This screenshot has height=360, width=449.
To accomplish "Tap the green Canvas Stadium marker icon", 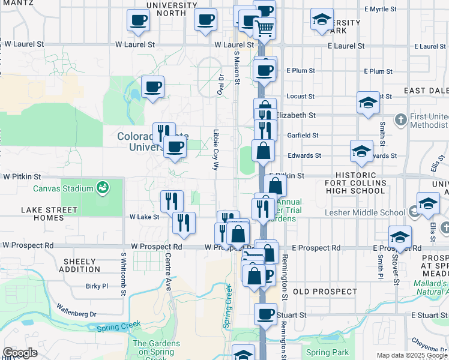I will (x=103, y=188).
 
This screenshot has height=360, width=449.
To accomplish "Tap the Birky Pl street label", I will (x=97, y=286).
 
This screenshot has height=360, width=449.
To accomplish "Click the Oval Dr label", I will (x=221, y=85).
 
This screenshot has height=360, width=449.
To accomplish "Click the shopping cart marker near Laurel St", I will (x=265, y=28).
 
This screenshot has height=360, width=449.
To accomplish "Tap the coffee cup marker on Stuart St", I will (x=265, y=313).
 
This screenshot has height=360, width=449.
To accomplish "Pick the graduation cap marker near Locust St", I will (x=367, y=102).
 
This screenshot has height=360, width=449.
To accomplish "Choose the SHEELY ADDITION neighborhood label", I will (x=79, y=265).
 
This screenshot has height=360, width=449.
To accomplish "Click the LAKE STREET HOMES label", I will (x=49, y=214).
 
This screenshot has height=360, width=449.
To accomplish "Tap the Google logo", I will (x=20, y=353).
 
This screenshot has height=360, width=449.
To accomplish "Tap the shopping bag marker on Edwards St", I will (x=264, y=150).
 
